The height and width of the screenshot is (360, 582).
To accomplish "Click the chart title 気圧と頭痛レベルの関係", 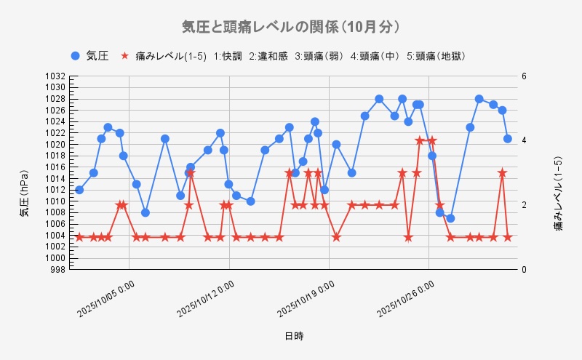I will (x=291, y=27).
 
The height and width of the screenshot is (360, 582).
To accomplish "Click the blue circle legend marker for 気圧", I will (x=75, y=56).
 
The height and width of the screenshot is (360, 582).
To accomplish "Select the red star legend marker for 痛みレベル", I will (x=124, y=56).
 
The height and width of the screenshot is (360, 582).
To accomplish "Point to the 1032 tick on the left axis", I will (x=57, y=76).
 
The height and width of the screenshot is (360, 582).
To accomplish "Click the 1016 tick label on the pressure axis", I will (x=57, y=167).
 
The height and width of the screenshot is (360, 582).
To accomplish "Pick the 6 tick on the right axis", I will (x=523, y=76).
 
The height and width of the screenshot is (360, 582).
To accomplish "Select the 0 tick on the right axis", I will (x=523, y=270).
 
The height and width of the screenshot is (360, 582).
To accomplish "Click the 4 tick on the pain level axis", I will (x=523, y=140).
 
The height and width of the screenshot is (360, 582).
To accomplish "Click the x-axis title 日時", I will (x=294, y=336).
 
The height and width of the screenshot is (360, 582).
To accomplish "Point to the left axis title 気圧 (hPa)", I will (x=23, y=193).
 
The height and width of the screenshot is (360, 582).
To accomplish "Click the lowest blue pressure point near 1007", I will (x=450, y=218).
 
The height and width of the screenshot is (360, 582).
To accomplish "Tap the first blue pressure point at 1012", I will (x=79, y=190).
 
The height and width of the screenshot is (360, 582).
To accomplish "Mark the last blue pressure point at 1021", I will (x=508, y=138).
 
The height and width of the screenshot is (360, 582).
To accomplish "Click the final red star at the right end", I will (x=508, y=237).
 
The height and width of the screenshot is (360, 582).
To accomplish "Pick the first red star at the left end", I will (x=79, y=237).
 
